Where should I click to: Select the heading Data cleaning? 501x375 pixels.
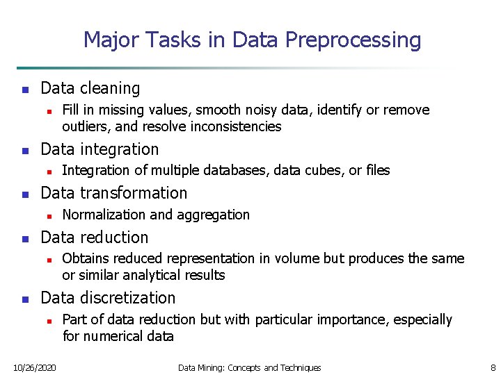coord(90,88)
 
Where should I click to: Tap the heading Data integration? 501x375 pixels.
coord(100,149)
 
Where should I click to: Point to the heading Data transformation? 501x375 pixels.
coord(114,193)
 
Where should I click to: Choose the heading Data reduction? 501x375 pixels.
coord(95,237)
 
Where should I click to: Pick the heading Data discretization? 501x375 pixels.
coord(108,298)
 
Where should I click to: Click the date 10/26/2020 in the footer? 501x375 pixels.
coord(35,367)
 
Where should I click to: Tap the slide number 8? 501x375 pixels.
coord(493,367)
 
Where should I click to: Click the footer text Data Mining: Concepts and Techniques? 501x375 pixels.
coord(250,367)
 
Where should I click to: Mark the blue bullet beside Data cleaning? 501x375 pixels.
coord(24,89)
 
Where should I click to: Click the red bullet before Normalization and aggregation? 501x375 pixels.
coord(48,215)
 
